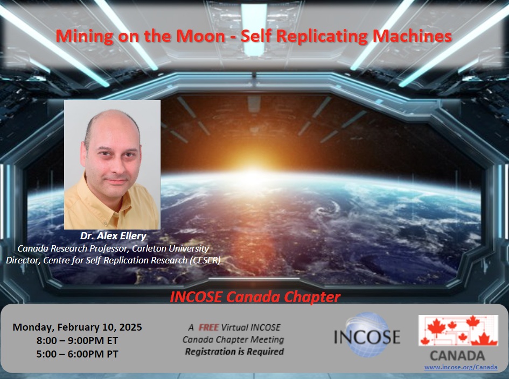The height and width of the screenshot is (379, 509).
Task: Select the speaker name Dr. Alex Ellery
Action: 113,236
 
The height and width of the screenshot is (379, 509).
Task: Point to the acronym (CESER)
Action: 205,260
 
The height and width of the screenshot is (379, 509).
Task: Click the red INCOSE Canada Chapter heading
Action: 255,297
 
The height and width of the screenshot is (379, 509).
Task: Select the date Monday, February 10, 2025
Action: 77,327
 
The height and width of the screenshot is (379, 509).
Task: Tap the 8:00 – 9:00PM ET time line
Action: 77,341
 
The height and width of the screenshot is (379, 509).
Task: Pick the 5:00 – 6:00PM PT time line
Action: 77,354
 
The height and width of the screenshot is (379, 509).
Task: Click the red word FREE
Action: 208,327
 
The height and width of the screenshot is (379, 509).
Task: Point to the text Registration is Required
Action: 234,352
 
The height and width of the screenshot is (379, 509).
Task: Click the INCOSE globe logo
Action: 367,335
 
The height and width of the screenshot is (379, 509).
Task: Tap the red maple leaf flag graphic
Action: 458,331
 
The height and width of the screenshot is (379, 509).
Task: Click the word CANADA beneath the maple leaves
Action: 457,356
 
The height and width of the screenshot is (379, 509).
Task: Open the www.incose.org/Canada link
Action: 461,367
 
